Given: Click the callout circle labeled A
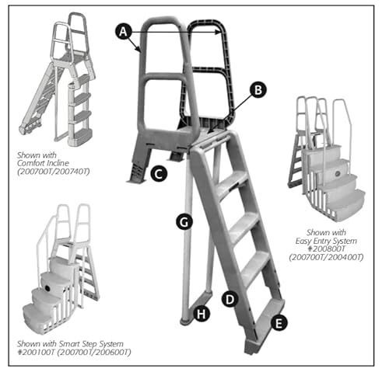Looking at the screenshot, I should [x=122, y=31].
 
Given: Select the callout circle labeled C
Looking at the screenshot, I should [x=159, y=174].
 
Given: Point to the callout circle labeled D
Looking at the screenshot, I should [x=230, y=297].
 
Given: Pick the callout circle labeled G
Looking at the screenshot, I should [x=183, y=221].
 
